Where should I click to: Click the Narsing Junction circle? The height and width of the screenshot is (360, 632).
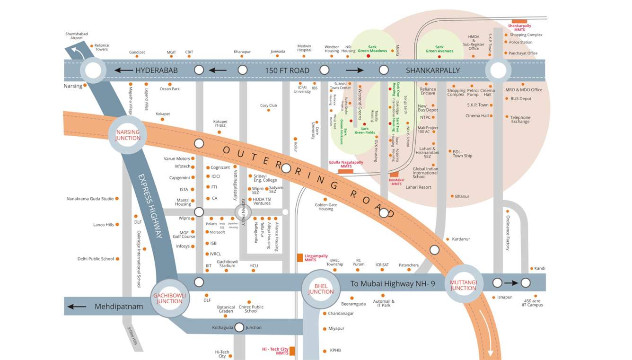tap(128, 135)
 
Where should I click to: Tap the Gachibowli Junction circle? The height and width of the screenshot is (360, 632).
tap(169, 298)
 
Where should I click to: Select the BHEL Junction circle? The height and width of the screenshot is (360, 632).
tap(321, 289)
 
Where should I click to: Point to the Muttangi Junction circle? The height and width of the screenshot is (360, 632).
tap(463, 285)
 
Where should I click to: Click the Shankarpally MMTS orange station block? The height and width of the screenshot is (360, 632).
tap(519, 21)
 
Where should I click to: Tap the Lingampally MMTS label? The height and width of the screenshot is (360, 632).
tap(316, 258)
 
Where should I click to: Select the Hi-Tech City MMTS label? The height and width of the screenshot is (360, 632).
tap(275, 351)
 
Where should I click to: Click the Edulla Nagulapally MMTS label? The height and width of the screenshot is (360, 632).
tap(346, 164)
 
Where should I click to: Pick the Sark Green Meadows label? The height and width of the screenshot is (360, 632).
tap(372, 49)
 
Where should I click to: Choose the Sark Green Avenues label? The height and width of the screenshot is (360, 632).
tap(439, 49)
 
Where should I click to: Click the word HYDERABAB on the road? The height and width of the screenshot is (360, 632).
tap(157, 70)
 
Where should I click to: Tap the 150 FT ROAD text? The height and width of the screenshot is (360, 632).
tap(287, 70)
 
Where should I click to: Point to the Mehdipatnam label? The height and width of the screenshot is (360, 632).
tap(119, 307)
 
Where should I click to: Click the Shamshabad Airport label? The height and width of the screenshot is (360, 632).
tap(77, 36)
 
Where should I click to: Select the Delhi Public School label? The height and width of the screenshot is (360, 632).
tap(96, 259)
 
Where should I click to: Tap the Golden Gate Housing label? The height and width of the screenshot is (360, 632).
tap(325, 207)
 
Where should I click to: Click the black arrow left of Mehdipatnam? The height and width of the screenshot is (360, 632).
tap(77, 307)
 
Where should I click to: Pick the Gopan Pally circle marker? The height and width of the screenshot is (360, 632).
tap(244, 212)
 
